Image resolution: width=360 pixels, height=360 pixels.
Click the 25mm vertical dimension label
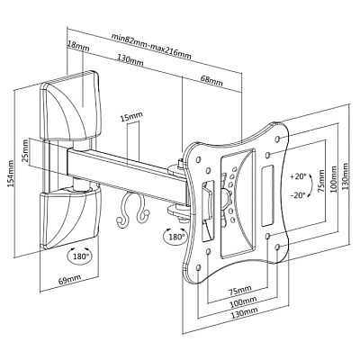coord(25,154)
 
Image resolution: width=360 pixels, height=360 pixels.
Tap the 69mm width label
coord(69,279)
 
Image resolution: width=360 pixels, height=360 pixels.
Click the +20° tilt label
coord(298,176)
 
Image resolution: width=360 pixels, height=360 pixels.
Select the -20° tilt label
coord(298,195)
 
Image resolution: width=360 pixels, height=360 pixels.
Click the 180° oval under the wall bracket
coord(79,256)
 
